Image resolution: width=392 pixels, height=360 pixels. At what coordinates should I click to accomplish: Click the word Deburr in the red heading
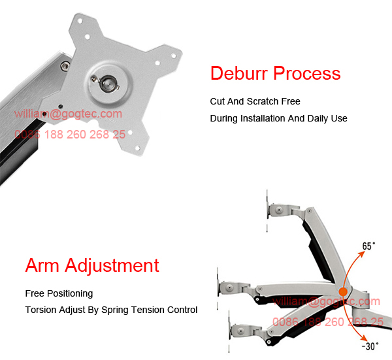pos(238,73)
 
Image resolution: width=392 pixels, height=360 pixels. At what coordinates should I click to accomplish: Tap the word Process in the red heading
pos(306,73)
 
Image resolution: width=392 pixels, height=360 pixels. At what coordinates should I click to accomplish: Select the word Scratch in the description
pos(265,102)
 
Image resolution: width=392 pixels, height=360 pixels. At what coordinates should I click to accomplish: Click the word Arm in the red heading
pos(42,266)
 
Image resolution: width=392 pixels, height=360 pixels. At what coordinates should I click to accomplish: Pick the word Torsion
pos(41,310)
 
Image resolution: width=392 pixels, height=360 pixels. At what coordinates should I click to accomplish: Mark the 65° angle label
pos(369,246)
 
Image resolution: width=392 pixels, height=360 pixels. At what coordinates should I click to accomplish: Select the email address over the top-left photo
pos(69,114)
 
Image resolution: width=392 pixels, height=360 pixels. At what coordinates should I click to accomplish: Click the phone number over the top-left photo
pos(70,134)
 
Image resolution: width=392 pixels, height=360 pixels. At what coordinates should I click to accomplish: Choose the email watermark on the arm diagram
pos(327,301)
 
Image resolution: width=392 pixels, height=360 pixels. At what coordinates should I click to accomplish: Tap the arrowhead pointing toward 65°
pos(359,252)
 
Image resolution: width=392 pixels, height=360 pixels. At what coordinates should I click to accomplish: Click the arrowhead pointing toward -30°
pos(361,338)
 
